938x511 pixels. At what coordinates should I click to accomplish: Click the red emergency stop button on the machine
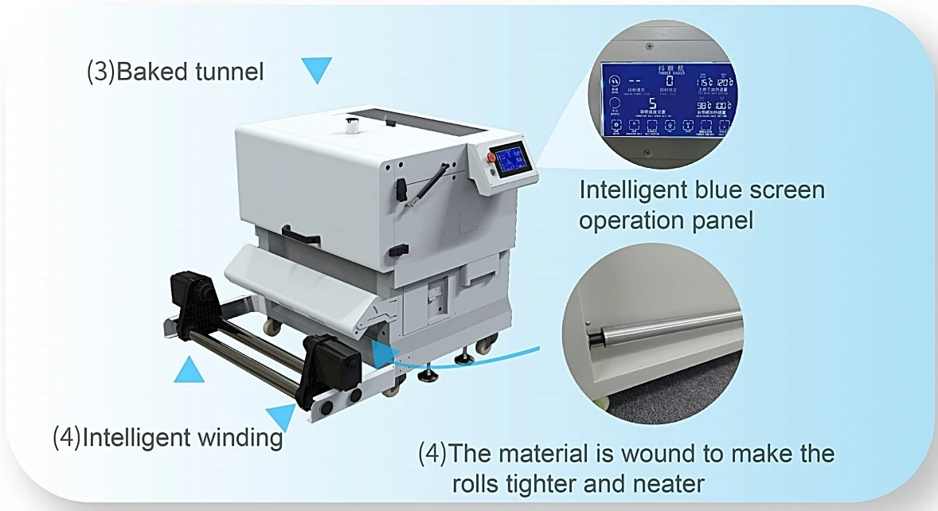pos(491,157)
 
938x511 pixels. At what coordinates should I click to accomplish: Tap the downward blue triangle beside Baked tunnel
pos(316,71)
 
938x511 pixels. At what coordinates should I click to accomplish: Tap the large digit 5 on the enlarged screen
pos(652,105)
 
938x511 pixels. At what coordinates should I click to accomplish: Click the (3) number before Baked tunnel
pos(100,72)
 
